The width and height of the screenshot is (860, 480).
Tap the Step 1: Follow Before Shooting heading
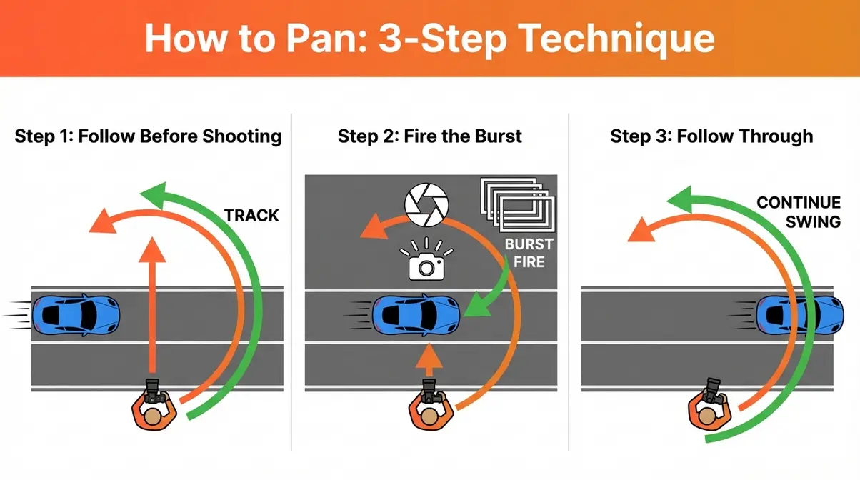148,136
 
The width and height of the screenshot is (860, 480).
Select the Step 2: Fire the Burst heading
429,136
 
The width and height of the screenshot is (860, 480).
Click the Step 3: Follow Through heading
711,136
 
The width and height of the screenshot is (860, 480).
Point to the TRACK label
251,215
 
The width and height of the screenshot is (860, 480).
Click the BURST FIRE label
529,253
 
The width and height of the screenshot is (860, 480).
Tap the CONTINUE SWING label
798,211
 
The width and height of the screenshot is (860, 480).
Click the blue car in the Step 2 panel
416,313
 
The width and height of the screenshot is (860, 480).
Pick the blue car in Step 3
799,313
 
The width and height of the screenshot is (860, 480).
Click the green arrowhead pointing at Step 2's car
474,308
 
